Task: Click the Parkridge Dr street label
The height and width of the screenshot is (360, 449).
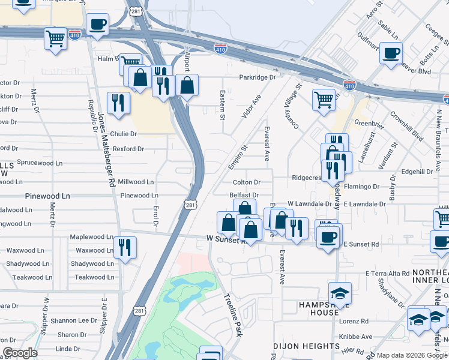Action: click(x=258, y=77)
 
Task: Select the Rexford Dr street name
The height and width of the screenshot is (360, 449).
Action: click(x=128, y=149)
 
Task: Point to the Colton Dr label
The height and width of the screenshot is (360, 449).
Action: click(x=247, y=182)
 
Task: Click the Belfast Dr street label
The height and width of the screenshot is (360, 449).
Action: click(x=244, y=196)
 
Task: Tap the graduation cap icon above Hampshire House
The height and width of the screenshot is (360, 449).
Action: click(x=340, y=293)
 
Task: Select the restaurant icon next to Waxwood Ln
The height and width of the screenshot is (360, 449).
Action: click(x=125, y=247)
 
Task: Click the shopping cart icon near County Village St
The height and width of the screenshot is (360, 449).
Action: click(x=324, y=99)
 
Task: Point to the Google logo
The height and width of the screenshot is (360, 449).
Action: click(x=20, y=353)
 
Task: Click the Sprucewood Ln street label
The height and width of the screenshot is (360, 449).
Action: click(x=40, y=163)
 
